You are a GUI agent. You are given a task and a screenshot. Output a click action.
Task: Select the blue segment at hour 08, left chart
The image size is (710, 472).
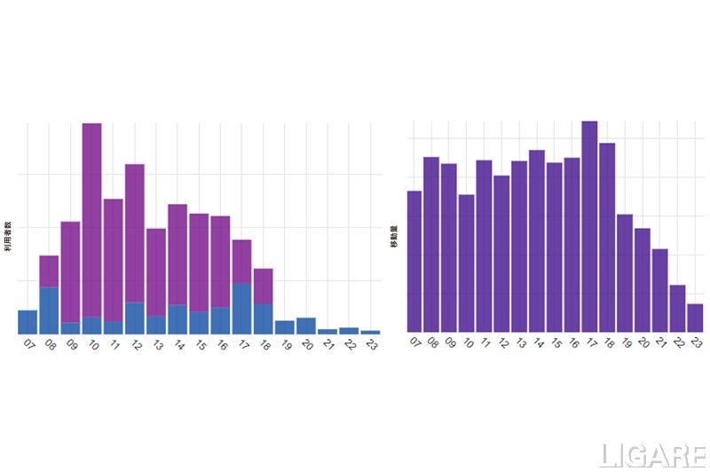pyautogui.click(x=49, y=310)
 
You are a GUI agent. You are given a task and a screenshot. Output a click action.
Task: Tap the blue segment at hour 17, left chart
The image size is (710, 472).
pyautogui.click(x=241, y=308)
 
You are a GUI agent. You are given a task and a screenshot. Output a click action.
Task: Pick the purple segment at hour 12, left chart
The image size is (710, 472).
pyautogui.click(x=135, y=232)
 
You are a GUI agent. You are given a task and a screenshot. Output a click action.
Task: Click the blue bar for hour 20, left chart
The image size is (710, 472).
pyautogui.click(x=306, y=326)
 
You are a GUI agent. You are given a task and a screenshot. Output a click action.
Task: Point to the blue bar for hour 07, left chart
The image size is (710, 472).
pyautogui.click(x=28, y=322)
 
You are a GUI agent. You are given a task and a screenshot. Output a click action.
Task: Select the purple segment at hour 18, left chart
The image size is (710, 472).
pyautogui.click(x=263, y=286)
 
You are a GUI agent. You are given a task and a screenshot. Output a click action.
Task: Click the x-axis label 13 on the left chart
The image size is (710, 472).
pyautogui.click(x=158, y=345)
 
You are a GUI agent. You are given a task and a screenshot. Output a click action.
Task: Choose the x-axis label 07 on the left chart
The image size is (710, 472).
pyautogui.click(x=29, y=345)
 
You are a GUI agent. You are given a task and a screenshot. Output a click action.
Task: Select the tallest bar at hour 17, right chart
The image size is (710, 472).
pyautogui.click(x=589, y=226)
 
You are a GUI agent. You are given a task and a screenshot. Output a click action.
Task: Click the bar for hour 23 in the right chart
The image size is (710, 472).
pyautogui.click(x=695, y=318)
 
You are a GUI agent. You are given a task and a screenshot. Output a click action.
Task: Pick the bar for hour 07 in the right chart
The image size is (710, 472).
pyautogui.click(x=414, y=261)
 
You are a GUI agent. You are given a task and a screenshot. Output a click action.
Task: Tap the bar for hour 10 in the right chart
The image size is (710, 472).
pyautogui.click(x=467, y=263)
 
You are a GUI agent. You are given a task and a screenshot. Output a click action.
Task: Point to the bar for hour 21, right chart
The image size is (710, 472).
pyautogui.click(x=659, y=290)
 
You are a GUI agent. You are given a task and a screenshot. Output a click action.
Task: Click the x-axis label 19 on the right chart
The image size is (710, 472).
pyautogui.click(x=626, y=343)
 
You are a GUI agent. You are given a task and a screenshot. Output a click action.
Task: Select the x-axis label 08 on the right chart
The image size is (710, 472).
pyautogui.click(x=433, y=343)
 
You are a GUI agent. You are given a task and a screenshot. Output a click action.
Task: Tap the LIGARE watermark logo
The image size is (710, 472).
pyautogui.click(x=652, y=455)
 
